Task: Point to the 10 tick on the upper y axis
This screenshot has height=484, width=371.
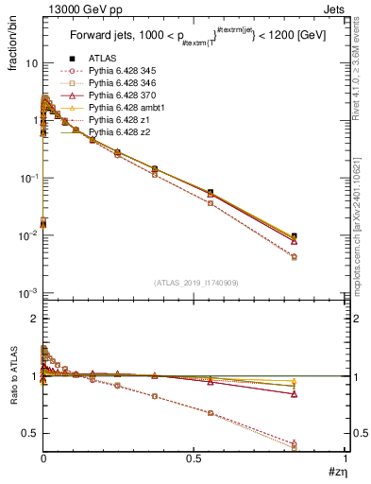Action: point(30,62)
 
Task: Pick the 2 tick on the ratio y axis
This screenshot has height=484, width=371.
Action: point(33,319)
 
